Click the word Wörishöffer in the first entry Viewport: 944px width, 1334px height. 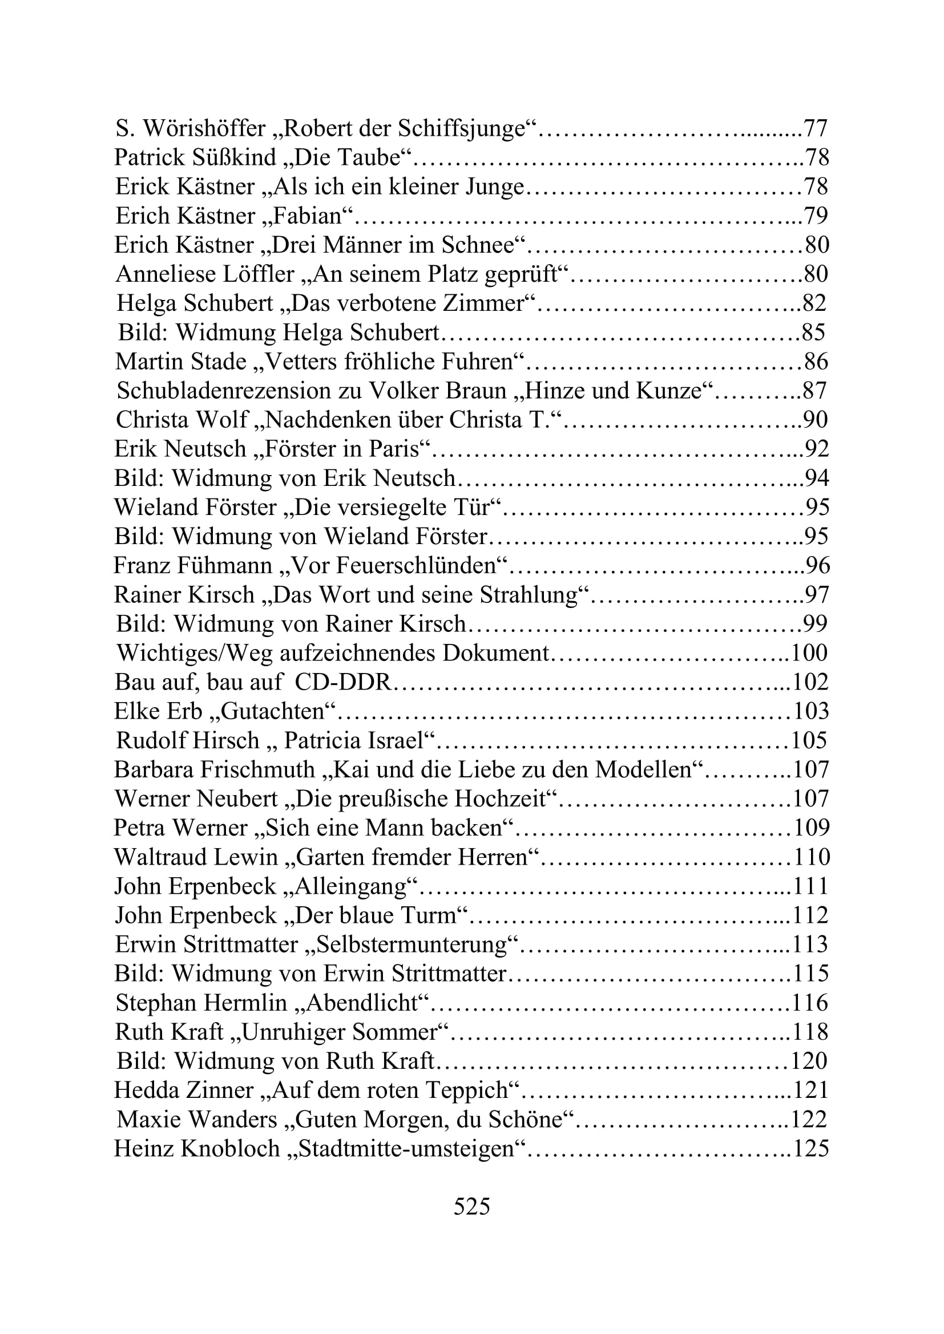click(205, 128)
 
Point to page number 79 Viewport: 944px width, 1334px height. click(816, 216)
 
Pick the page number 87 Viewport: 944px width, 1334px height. click(814, 391)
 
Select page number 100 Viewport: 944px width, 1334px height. click(809, 652)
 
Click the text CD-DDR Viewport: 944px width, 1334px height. click(342, 682)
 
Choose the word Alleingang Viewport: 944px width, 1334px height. click(350, 886)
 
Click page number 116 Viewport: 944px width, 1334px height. click(810, 1003)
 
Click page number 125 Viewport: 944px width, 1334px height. click(811, 1149)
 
